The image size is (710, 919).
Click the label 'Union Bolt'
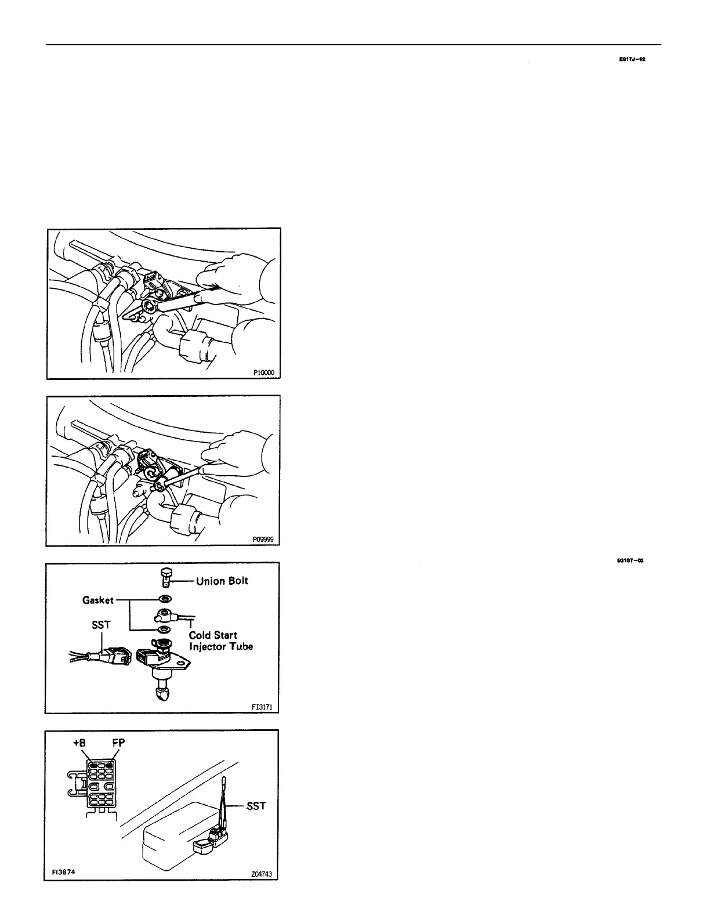222,581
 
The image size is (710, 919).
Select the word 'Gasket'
97,600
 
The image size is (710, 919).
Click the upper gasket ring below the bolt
164,599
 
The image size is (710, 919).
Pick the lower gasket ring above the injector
164,629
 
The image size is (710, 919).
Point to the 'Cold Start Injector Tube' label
220,641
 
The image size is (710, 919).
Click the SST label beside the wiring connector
102,625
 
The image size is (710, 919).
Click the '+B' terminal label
78,743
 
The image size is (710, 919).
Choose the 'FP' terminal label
118,743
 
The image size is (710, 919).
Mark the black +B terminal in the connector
93,765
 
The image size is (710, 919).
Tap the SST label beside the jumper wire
256,806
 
